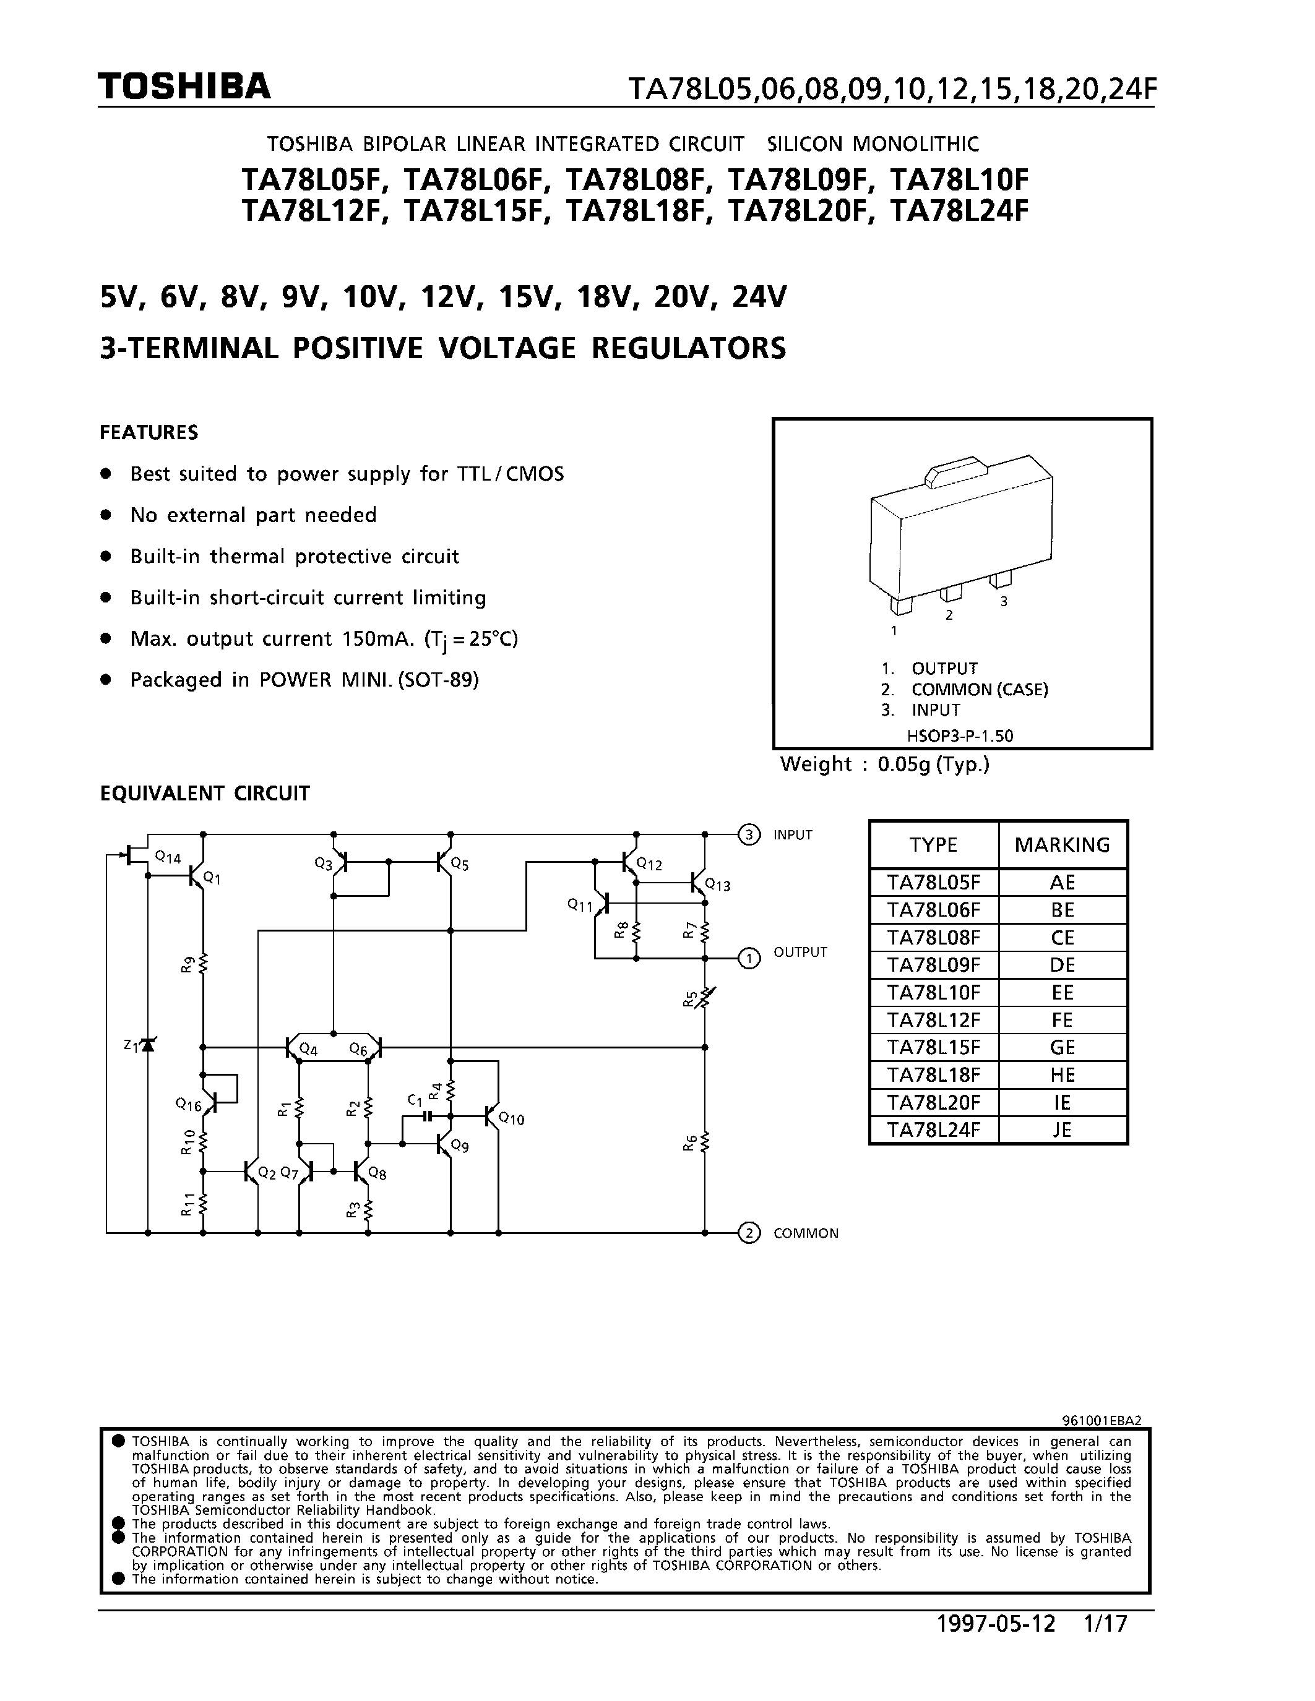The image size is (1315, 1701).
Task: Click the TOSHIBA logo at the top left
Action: (x=184, y=87)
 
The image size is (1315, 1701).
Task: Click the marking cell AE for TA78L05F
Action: (x=1062, y=883)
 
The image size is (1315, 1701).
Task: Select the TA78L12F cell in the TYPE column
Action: (x=933, y=1019)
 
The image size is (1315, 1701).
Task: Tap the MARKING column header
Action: (x=1062, y=844)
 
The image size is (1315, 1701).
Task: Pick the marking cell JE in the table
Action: (x=1062, y=1129)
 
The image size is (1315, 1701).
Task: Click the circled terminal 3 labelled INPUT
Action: (x=748, y=835)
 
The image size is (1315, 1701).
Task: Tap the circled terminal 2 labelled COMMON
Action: (x=748, y=1233)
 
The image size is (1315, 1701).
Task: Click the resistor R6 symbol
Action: (x=705, y=1142)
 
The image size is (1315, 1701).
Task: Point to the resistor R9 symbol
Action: (x=204, y=964)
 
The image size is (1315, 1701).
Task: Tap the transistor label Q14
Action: (x=168, y=857)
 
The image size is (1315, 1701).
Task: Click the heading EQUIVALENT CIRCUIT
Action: (x=205, y=794)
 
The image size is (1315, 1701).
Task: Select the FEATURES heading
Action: (x=149, y=432)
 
